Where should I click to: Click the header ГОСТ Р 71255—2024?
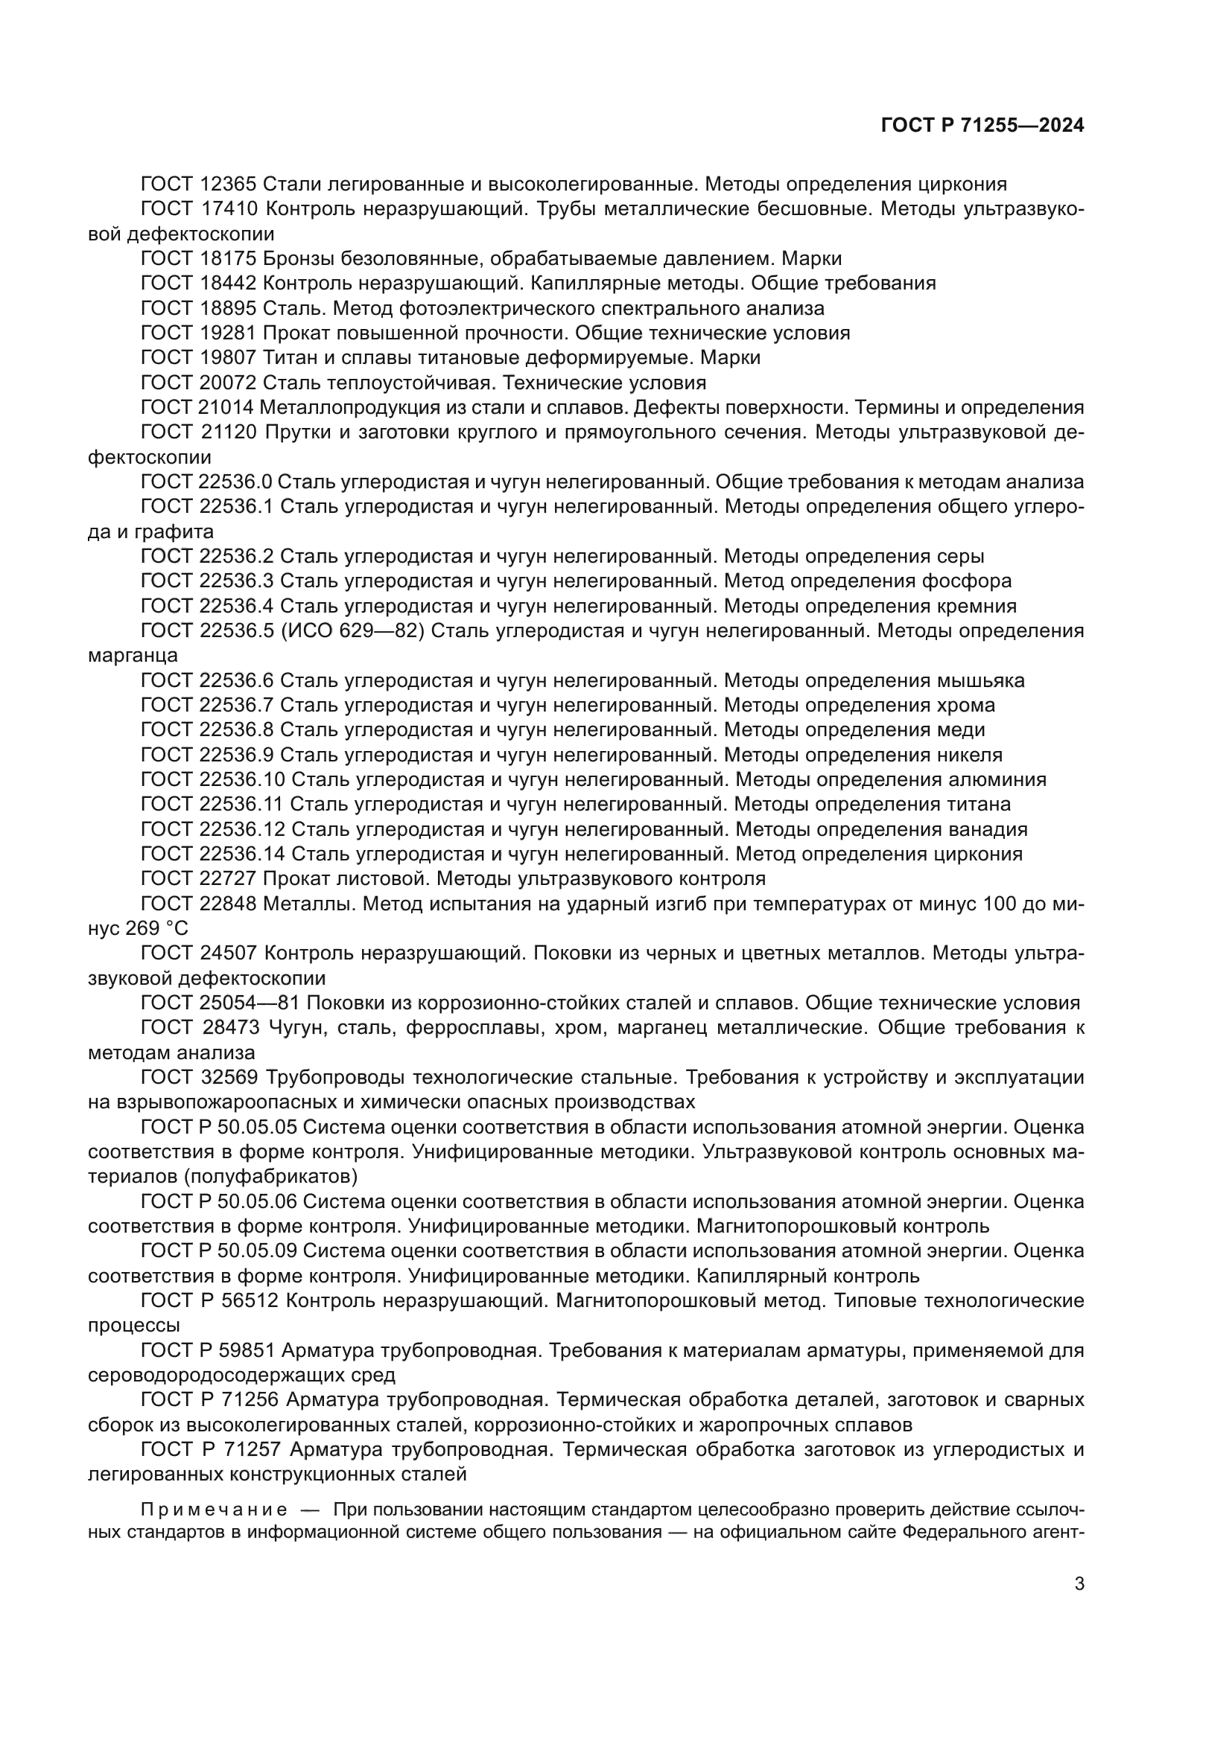tap(982, 126)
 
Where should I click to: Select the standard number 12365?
tap(231, 185)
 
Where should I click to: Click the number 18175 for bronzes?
tap(231, 258)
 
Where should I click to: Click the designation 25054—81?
tap(251, 1003)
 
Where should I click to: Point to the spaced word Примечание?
tap(214, 1509)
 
